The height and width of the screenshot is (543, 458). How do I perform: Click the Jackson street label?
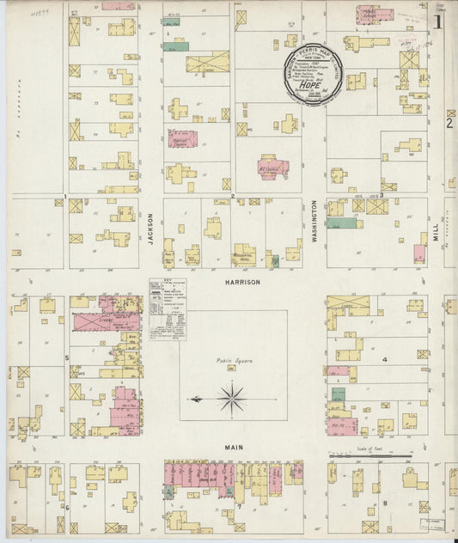pos(150,229)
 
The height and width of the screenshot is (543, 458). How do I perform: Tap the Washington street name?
pos(315,222)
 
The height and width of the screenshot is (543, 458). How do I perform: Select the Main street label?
pos(234,448)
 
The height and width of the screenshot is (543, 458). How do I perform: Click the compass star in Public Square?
pos(230,398)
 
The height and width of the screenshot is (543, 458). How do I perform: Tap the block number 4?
pos(385,359)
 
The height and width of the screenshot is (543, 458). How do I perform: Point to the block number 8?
pos(386,503)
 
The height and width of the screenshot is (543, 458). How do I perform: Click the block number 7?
pos(240,507)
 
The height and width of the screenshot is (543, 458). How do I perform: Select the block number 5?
pos(66,357)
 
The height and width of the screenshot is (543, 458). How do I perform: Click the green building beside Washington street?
pos(341,223)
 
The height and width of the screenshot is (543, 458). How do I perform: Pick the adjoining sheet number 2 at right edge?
pos(448,123)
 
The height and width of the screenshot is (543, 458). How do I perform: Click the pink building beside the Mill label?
pos(419,253)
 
